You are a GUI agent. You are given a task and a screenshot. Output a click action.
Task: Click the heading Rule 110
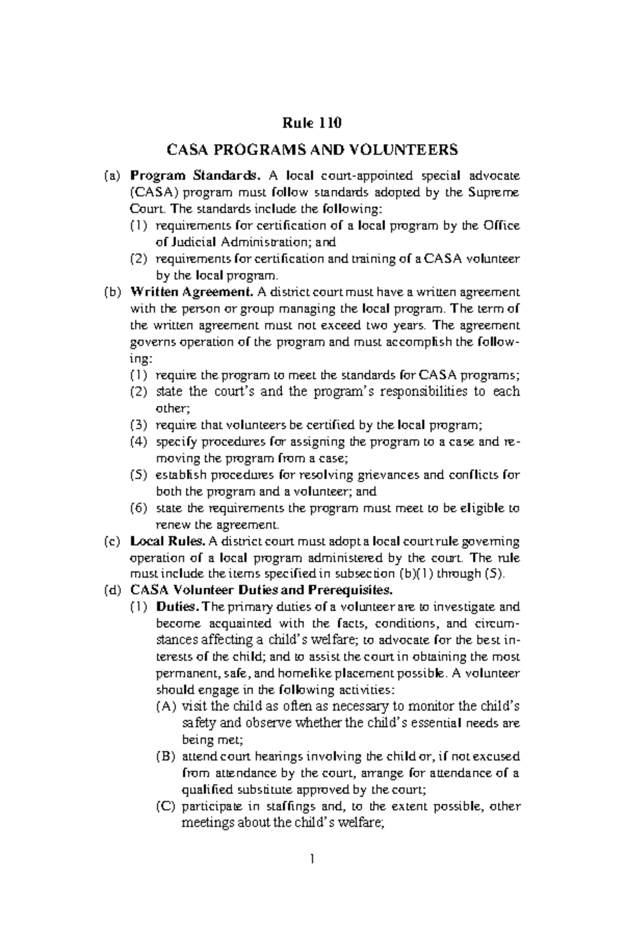coord(311,123)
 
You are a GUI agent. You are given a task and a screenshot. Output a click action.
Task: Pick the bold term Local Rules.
coord(168,541)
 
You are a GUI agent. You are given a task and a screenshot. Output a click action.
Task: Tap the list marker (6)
coord(139,508)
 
